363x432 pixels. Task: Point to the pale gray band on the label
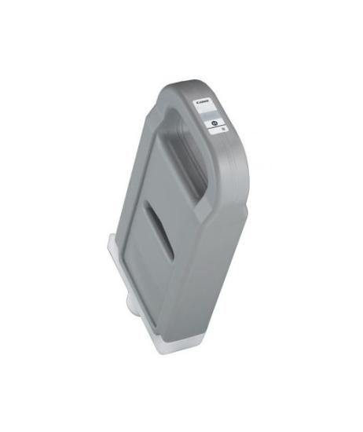[211, 112]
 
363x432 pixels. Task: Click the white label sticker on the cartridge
[211, 116]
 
